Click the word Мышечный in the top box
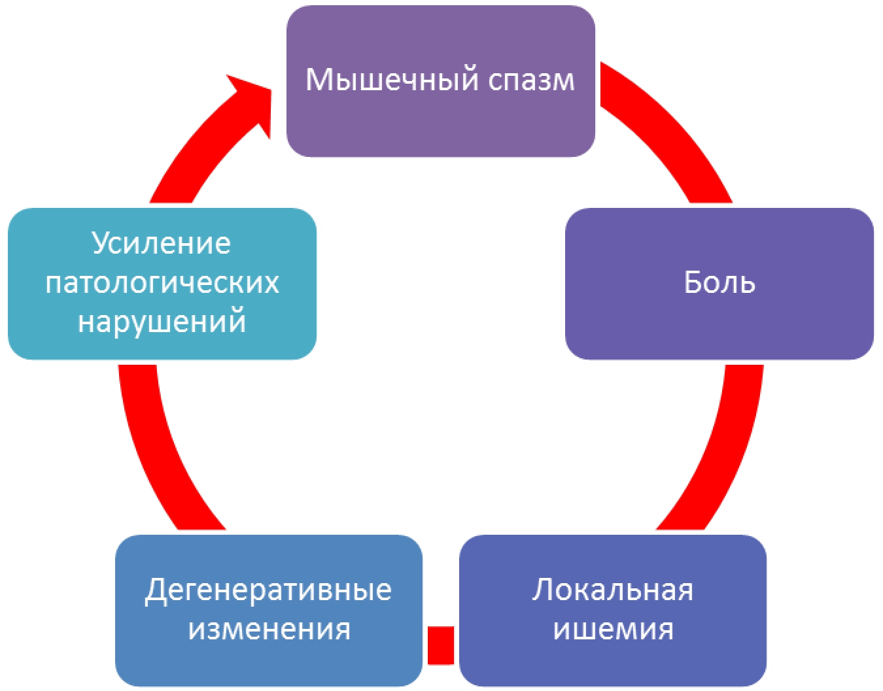384,80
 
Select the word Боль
719,282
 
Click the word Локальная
612,590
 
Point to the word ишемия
613,629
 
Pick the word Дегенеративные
268,590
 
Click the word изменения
269,629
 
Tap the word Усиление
162,243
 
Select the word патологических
162,282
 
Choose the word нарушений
162,322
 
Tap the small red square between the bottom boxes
441,645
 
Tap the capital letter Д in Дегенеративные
154,591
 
